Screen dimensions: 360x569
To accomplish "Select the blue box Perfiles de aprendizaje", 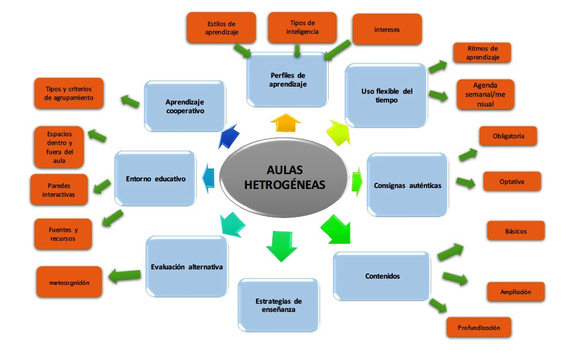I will tap(287, 79).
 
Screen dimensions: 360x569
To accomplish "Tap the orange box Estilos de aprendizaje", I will tap(222, 28).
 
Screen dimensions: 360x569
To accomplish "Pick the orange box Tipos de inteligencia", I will tap(302, 28).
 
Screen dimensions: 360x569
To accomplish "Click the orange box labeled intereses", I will tap(387, 29).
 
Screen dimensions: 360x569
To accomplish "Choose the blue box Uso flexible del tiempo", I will tap(386, 95).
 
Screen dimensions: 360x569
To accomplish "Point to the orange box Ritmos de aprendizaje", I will tap(482, 53).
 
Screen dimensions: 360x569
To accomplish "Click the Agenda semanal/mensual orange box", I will tap(485, 94).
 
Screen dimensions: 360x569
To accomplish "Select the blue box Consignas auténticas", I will tap(408, 185).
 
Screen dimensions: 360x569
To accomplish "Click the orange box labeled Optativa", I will tap(512, 181).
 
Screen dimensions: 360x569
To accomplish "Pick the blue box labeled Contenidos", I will tap(382, 276).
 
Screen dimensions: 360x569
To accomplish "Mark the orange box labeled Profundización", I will tap(478, 327).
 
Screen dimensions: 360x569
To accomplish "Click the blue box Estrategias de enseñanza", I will tap(279, 305).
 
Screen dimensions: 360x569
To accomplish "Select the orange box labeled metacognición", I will tap(69, 282).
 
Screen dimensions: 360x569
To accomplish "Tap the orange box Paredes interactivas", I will tap(58, 190).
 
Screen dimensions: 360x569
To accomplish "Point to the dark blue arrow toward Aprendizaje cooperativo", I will tap(229, 136).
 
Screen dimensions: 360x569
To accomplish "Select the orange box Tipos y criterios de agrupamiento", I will tap(69, 93).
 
